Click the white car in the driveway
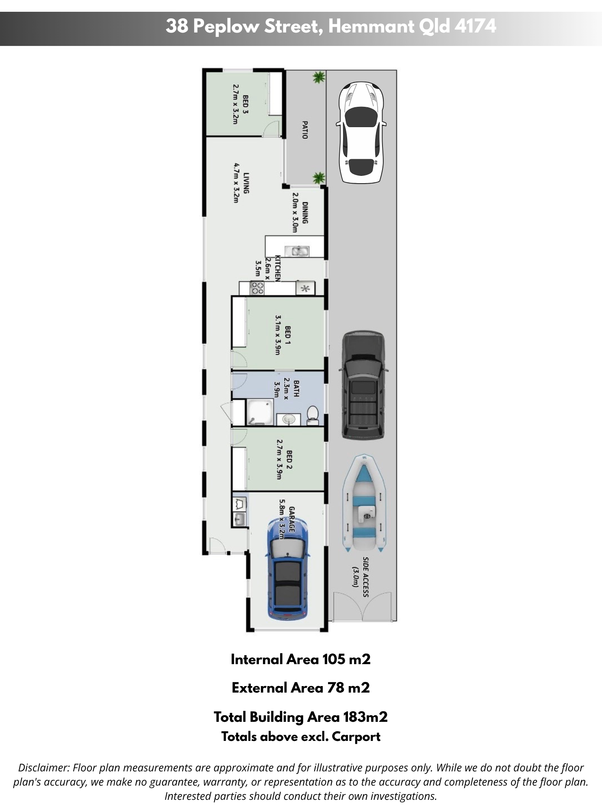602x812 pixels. pyautogui.click(x=361, y=132)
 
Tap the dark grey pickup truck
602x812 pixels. pyautogui.click(x=363, y=385)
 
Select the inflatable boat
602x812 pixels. pyautogui.click(x=364, y=504)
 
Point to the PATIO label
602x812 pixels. pyautogui.click(x=304, y=130)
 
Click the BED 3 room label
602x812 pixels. pyautogui.click(x=245, y=104)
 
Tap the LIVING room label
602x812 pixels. pyautogui.click(x=246, y=183)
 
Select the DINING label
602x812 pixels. pyautogui.click(x=305, y=213)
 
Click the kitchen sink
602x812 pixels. pyautogui.click(x=297, y=251)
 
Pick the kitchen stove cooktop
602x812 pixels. pyautogui.click(x=257, y=288)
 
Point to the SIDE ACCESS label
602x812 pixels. pyautogui.click(x=365, y=577)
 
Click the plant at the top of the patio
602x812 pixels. pyautogui.click(x=319, y=77)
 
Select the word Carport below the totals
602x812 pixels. pyautogui.click(x=356, y=737)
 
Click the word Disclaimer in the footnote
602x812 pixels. pyautogui.click(x=43, y=768)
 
